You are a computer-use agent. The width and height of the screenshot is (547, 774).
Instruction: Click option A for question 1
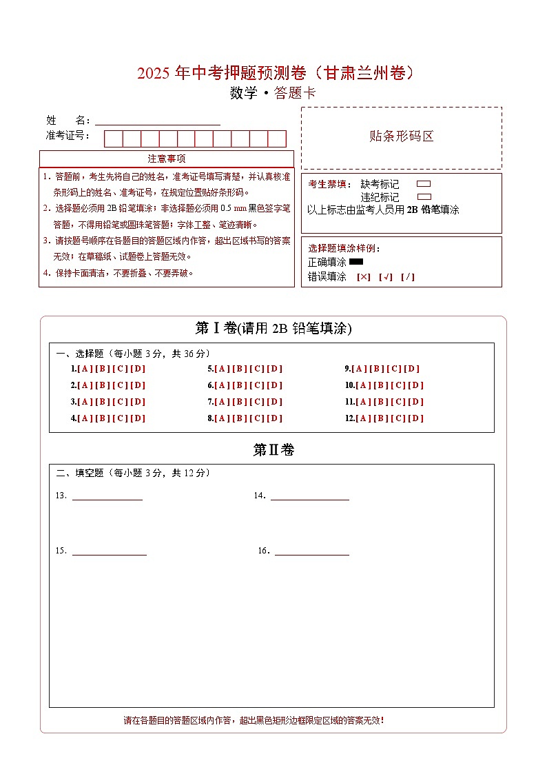click(x=85, y=369)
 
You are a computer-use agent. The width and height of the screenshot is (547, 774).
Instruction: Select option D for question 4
click(x=138, y=418)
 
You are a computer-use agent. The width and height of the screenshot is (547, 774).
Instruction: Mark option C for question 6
click(x=257, y=385)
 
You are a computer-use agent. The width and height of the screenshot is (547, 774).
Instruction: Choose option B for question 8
click(x=240, y=418)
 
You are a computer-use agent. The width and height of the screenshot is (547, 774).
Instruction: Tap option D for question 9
click(x=412, y=369)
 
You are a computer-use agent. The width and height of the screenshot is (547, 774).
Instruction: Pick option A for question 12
click(x=363, y=418)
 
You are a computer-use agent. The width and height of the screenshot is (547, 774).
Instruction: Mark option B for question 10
click(x=381, y=385)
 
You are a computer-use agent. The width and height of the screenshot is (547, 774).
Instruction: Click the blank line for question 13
click(x=107, y=497)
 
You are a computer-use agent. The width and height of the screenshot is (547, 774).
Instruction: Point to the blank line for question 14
click(x=309, y=497)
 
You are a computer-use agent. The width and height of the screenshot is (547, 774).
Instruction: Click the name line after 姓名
click(x=157, y=122)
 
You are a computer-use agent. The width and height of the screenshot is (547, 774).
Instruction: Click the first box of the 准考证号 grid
click(x=113, y=139)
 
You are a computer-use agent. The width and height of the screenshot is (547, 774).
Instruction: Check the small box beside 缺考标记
click(x=424, y=184)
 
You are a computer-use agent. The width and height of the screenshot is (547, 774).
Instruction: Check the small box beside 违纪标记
click(x=424, y=196)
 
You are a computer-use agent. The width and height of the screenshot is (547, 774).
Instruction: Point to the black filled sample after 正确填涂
click(x=356, y=262)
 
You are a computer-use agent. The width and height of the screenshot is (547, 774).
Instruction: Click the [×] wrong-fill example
click(x=363, y=277)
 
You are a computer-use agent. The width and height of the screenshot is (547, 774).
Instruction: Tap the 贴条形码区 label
click(x=402, y=136)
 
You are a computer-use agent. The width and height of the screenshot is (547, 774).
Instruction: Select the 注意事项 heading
click(x=167, y=159)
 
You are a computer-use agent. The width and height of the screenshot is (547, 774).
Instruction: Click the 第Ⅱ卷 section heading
click(x=273, y=450)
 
